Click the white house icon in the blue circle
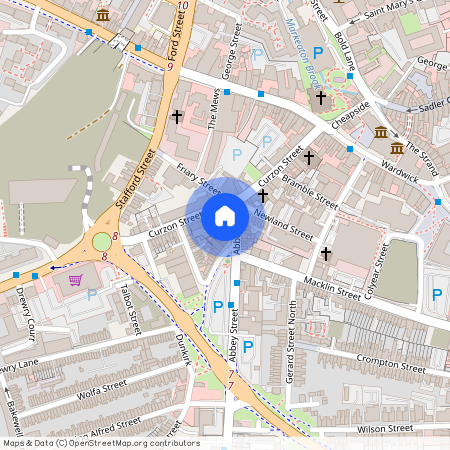pyautogui.click(x=225, y=216)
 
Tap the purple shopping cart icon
pyautogui.click(x=75, y=280)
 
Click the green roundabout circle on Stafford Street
pyautogui.click(x=102, y=241)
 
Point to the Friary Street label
pyautogui.click(x=197, y=177)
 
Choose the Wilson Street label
pyautogui.click(x=384, y=428)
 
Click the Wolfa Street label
pyautogui.click(x=98, y=389)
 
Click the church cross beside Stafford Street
pyautogui.click(x=177, y=116)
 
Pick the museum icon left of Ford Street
pyautogui.click(x=103, y=15)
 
